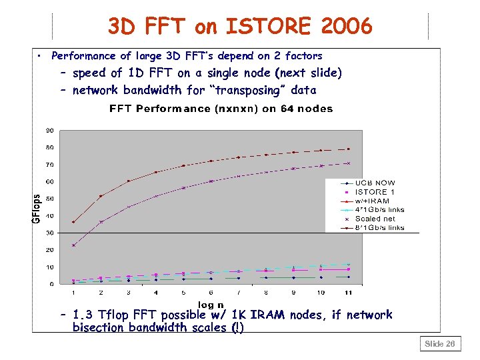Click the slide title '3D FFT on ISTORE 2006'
coord(240,26)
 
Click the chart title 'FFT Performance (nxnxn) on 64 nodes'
coord(221,109)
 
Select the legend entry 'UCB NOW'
coord(375,183)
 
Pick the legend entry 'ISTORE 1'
coord(375,192)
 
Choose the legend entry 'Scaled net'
coord(375,219)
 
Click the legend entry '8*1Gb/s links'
coord(379,228)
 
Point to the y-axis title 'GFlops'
coord(37,208)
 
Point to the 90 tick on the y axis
coord(50,130)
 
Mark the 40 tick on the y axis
coord(50,216)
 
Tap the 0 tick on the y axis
coord(52,285)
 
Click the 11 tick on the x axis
coord(348,293)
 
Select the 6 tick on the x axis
coord(211,293)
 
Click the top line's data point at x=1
coord(73,222)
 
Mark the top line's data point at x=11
coord(348,149)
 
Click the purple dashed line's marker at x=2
coord(101,222)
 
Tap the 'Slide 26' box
coord(440,344)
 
